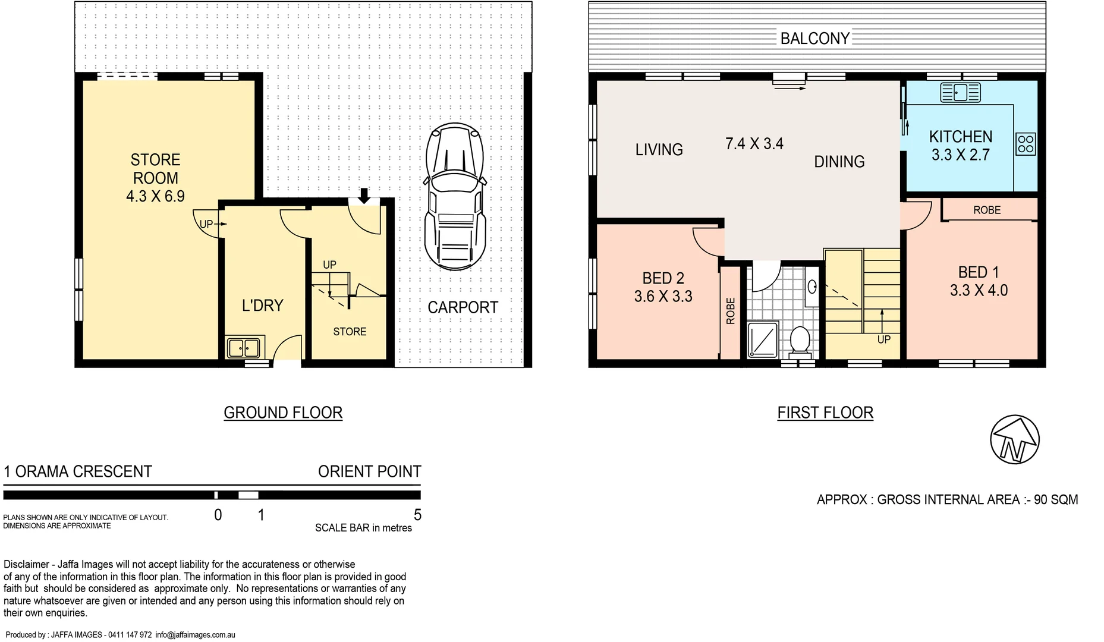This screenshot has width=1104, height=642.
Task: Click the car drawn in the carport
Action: pyautogui.click(x=455, y=197)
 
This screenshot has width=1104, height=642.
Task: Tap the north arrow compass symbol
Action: pyautogui.click(x=1015, y=440)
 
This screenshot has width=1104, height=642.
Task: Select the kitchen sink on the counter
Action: pyautogui.click(x=960, y=93)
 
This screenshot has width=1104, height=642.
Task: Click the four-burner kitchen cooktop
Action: pyautogui.click(x=1026, y=144)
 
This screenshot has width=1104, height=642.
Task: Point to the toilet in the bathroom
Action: pyautogui.click(x=800, y=341)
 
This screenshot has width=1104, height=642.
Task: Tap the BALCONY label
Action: pyautogui.click(x=814, y=39)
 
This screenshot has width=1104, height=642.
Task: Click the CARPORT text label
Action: pyautogui.click(x=463, y=307)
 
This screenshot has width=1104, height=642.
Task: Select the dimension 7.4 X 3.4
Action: pyautogui.click(x=754, y=144)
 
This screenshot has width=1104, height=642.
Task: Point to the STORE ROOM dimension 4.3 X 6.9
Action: pyautogui.click(x=155, y=196)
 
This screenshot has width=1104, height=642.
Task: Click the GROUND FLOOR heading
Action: pyautogui.click(x=283, y=413)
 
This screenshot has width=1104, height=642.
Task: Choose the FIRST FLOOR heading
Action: pyautogui.click(x=825, y=413)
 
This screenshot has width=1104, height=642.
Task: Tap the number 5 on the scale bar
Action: pyautogui.click(x=417, y=515)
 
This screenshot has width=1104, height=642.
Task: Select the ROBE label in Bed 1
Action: pyautogui.click(x=987, y=210)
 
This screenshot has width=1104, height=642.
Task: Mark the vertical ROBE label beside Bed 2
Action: pyautogui.click(x=731, y=311)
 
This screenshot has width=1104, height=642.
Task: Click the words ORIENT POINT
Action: pyautogui.click(x=369, y=471)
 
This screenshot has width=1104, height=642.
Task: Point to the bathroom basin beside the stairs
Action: pyautogui.click(x=812, y=287)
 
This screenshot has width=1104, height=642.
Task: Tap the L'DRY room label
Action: pyautogui.click(x=262, y=306)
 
